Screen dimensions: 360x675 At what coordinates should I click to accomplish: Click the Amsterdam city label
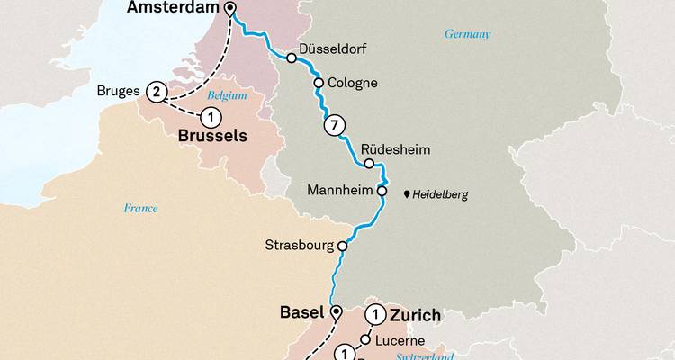click(x=174, y=8)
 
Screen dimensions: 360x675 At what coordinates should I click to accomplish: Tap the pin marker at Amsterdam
click(x=230, y=9)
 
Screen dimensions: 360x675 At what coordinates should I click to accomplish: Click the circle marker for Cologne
click(x=319, y=83)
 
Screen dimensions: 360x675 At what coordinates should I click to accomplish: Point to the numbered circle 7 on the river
click(x=333, y=125)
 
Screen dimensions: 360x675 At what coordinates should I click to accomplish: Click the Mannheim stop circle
click(x=382, y=191)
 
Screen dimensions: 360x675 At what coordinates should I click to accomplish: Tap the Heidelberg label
click(x=441, y=194)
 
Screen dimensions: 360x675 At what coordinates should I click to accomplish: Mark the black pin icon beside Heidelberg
click(x=407, y=193)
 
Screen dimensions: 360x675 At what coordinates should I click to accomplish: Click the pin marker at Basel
click(x=336, y=312)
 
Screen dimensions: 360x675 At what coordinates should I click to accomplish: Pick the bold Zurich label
click(x=415, y=315)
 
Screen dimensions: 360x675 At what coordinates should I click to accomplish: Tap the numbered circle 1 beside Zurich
click(x=373, y=315)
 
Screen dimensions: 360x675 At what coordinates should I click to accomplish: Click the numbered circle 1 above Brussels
click(x=211, y=116)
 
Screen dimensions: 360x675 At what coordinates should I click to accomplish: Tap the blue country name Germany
click(x=468, y=34)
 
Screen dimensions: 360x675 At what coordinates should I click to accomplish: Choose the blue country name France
click(x=140, y=209)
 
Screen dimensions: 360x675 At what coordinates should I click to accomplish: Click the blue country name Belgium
click(x=226, y=94)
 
